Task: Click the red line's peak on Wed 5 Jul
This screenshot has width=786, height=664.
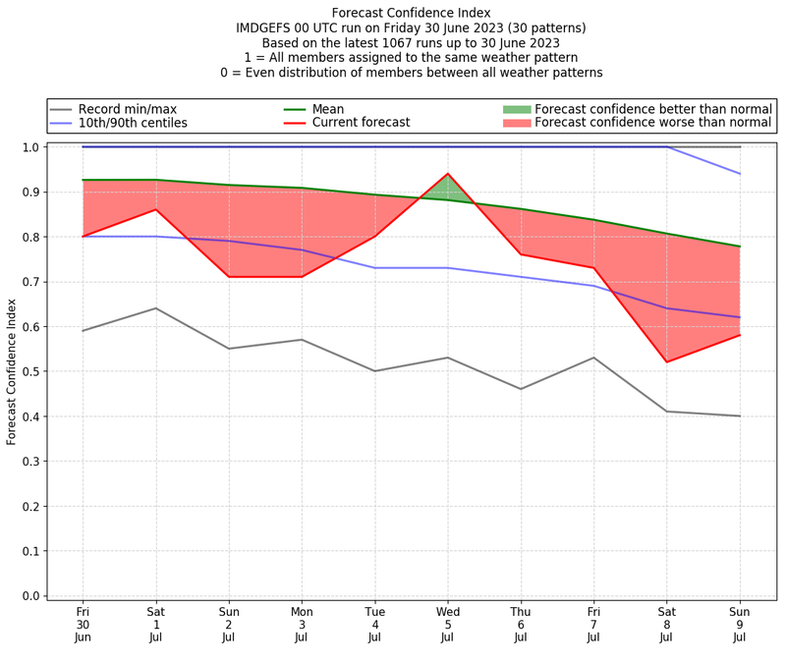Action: pos(448,174)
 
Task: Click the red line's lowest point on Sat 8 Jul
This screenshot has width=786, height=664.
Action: pos(667,361)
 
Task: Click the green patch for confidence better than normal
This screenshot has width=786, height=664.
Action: pos(516,109)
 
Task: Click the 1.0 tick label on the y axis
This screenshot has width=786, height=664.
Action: pos(30,147)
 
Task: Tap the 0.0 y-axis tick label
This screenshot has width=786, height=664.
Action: pos(30,596)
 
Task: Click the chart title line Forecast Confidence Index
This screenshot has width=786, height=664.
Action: pos(411,13)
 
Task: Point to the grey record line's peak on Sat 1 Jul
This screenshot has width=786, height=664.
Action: pos(155,308)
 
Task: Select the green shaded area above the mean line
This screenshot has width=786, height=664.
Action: pos(448,188)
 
